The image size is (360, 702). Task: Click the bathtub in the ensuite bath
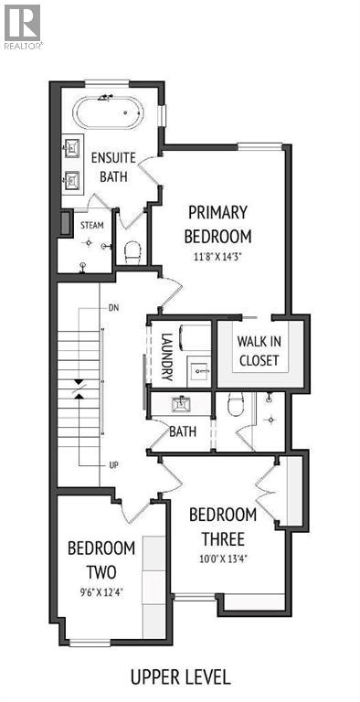click(109, 114)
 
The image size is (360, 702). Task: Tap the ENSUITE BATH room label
click(113, 166)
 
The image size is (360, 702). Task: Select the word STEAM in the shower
click(92, 224)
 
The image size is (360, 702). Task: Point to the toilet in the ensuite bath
click(133, 250)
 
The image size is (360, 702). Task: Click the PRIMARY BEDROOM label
click(217, 223)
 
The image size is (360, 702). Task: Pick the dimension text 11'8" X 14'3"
click(218, 257)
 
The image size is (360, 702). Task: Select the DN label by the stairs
click(113, 308)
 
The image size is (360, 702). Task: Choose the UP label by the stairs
click(113, 464)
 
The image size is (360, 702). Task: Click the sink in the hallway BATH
click(180, 402)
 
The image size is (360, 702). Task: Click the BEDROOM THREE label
click(223, 524)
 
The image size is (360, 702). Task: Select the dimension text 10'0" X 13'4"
click(223, 557)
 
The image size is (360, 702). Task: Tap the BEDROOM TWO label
click(101, 559)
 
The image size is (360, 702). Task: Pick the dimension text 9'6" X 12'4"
click(101, 592)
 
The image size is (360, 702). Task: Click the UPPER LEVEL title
click(179, 677)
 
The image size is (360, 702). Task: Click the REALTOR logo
click(22, 26)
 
